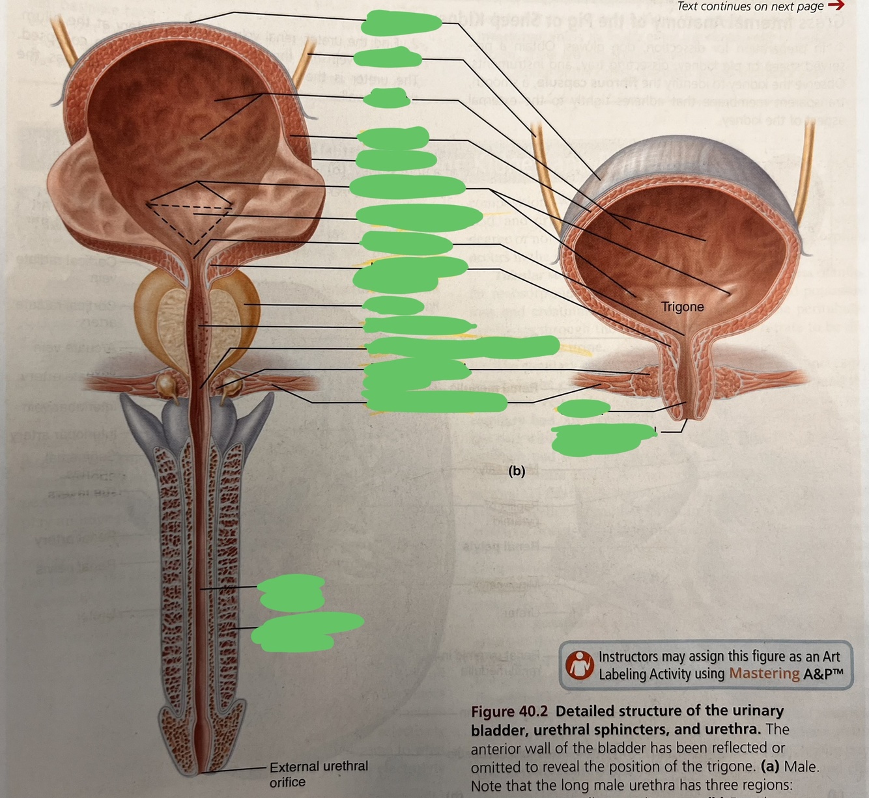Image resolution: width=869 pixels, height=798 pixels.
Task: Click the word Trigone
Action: point(682,307)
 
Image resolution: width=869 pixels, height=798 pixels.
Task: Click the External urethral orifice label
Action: point(318,774)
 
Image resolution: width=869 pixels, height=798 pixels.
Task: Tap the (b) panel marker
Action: point(517,471)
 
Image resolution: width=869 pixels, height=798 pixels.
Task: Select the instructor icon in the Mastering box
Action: point(578,665)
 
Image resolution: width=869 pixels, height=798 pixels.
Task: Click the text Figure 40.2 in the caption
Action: point(509,711)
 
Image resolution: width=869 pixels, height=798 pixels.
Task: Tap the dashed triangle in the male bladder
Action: point(190,215)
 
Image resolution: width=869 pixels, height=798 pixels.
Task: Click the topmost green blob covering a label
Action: point(401,22)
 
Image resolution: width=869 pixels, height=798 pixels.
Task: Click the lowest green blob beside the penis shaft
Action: point(306,631)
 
